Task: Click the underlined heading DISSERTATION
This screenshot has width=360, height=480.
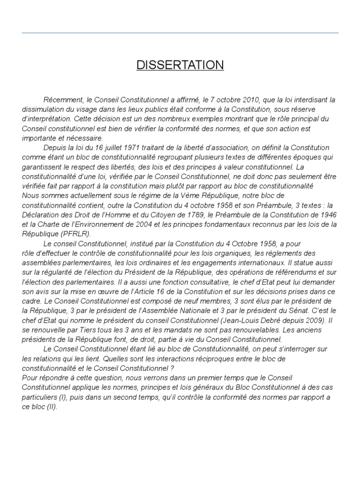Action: click(x=180, y=65)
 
